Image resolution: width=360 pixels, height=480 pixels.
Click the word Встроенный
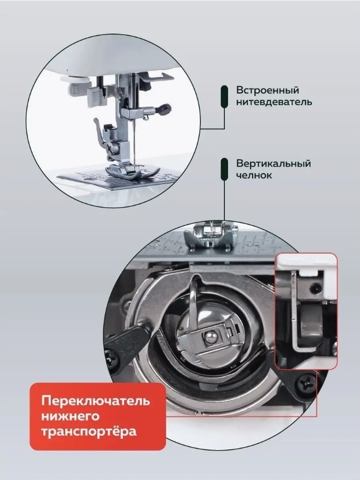pos(267,91)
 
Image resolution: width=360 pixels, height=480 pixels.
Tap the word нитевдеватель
pos(274,102)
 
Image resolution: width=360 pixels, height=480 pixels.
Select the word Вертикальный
pos(273,164)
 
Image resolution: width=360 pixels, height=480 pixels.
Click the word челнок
pos(254,176)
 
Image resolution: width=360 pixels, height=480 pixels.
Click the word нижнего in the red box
pos(71,416)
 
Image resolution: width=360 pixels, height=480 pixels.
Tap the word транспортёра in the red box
pos(89,431)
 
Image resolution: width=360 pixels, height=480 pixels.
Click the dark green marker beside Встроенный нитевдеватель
pos(224,97)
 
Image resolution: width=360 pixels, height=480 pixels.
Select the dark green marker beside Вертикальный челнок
pos(224,169)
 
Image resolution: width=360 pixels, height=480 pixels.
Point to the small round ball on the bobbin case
pos(209,337)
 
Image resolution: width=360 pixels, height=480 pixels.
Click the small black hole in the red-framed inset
pos(315,288)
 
